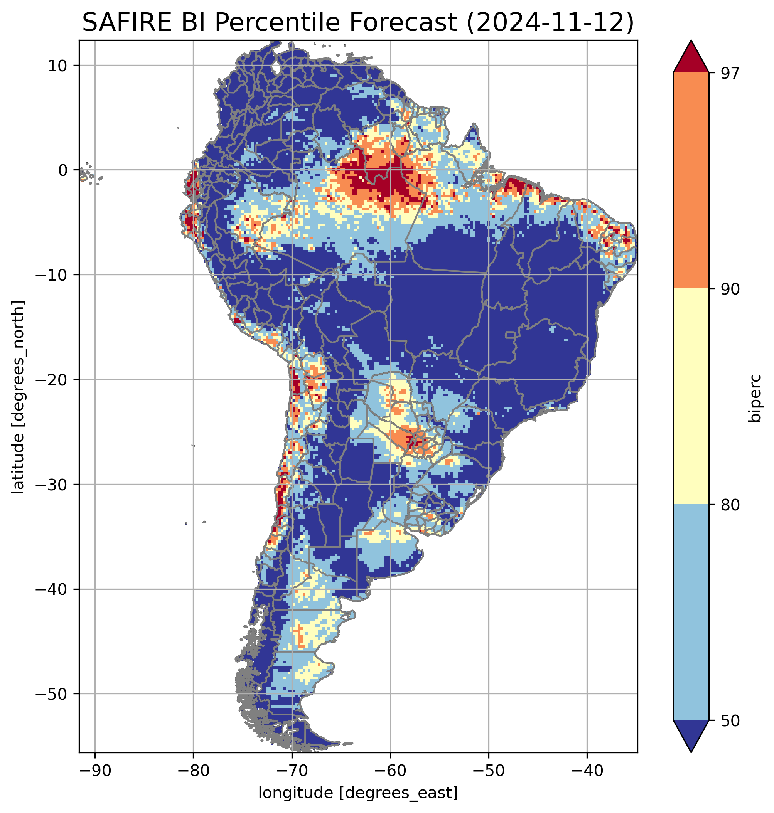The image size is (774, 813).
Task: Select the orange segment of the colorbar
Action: tap(691, 181)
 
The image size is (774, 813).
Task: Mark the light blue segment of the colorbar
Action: tap(691, 613)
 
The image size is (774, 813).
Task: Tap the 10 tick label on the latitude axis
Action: tap(58, 66)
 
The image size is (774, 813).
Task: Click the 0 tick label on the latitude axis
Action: tap(63, 170)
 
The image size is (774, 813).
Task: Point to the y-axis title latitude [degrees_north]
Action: tap(18, 397)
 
